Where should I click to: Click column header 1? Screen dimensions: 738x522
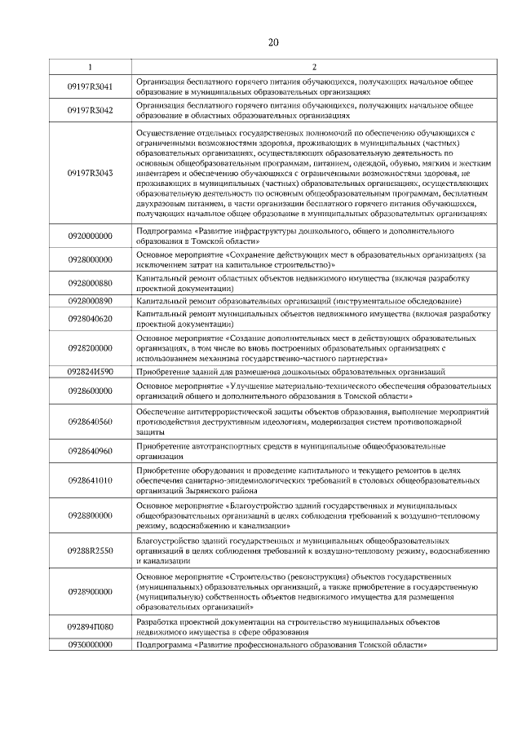[90, 66]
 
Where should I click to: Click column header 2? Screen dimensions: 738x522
[313, 66]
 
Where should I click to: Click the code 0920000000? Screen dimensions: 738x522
[90, 236]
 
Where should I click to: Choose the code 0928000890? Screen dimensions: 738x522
[90, 301]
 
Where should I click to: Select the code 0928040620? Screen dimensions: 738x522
[90, 318]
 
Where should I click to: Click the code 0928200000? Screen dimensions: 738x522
[90, 347]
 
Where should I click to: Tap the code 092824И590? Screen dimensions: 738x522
[90, 371]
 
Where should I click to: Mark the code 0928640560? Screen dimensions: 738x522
[90, 422]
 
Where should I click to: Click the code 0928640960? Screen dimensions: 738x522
[90, 451]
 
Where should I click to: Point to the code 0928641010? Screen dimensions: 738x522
[90, 480]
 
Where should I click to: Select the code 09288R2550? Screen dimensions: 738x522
[90, 550]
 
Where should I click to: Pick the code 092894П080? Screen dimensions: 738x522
[90, 627]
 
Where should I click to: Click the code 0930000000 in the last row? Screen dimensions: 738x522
[90, 645]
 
